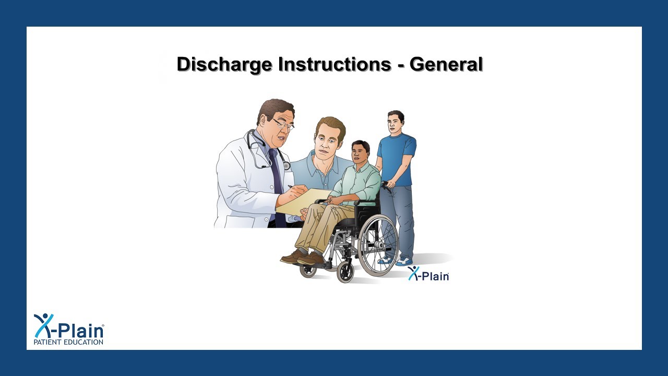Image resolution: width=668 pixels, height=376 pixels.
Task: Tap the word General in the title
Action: click(x=446, y=64)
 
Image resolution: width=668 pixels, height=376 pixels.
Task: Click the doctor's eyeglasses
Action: click(x=282, y=124)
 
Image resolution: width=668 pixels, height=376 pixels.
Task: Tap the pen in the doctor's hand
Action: click(x=291, y=186)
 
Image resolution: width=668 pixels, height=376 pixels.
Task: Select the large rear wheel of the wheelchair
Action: click(x=378, y=245)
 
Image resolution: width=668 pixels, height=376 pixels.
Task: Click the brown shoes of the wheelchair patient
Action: click(x=303, y=257)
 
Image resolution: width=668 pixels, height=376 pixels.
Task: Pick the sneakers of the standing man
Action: click(x=397, y=260)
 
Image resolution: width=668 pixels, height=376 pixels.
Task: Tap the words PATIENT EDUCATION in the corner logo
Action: click(x=68, y=342)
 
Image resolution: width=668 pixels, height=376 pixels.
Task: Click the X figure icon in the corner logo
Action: click(x=44, y=325)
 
